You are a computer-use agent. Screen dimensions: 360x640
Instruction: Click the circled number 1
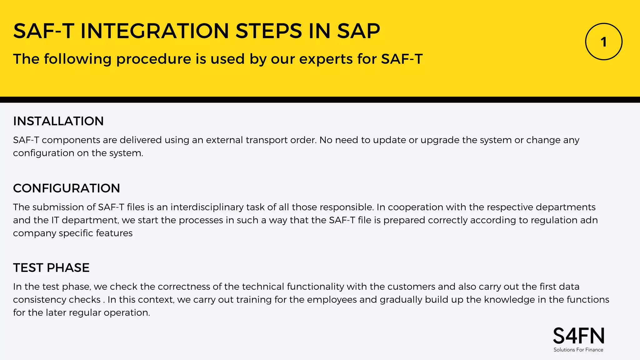(x=603, y=42)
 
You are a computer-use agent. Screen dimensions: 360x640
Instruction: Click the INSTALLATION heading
(x=58, y=121)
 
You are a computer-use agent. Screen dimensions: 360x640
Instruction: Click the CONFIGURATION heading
(x=67, y=188)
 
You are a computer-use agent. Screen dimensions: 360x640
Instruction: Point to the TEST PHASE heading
(x=51, y=268)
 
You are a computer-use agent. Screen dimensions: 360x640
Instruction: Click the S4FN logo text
(x=578, y=336)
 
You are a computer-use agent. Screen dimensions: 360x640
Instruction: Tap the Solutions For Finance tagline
(x=578, y=350)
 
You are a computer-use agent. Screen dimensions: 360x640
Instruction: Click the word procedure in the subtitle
(x=154, y=59)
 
